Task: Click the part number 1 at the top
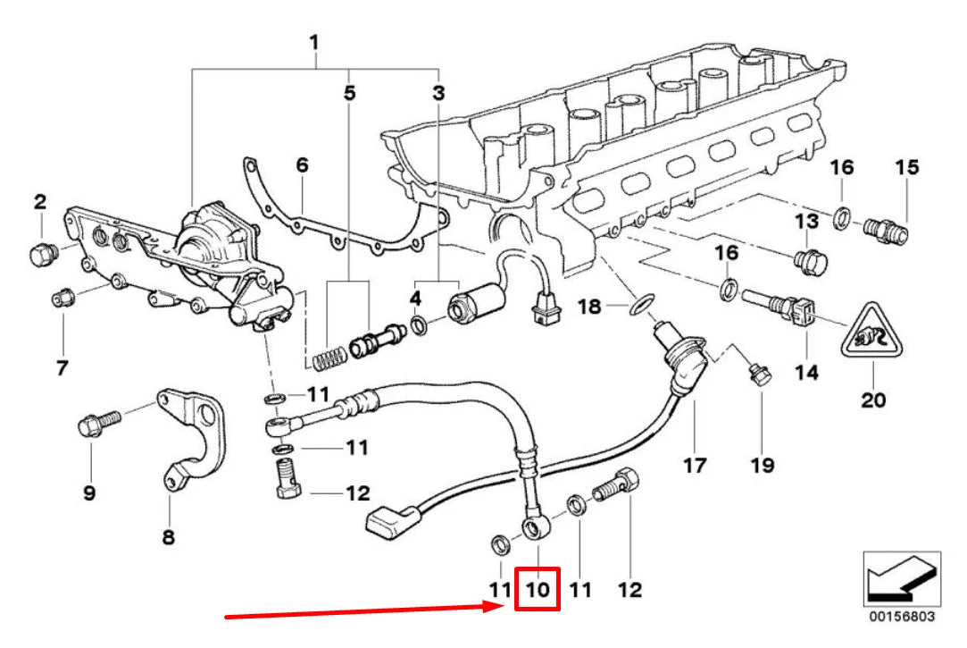tap(314, 42)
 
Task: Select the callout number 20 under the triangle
tap(873, 399)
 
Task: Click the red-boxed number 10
tap(538, 591)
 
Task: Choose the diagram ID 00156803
tap(904, 616)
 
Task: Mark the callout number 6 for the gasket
tap(302, 165)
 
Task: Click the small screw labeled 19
tap(760, 376)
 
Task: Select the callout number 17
tap(695, 465)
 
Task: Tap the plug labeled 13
tap(810, 260)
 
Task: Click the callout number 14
tap(806, 371)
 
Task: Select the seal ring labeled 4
tap(422, 324)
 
